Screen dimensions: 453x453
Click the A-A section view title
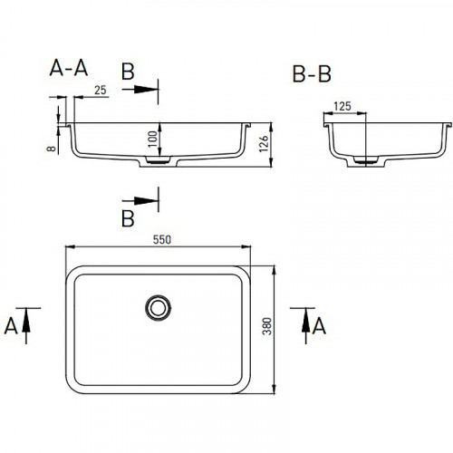click(x=69, y=68)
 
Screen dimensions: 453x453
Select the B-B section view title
click(x=312, y=73)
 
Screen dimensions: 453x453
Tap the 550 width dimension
click(x=162, y=239)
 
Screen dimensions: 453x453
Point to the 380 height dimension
click(x=267, y=326)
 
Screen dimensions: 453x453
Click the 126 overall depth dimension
click(x=264, y=144)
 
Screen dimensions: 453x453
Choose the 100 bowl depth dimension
click(x=153, y=139)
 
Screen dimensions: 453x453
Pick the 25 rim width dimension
click(x=101, y=90)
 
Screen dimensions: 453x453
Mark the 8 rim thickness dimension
click(x=52, y=149)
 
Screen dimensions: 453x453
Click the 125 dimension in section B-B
click(x=342, y=106)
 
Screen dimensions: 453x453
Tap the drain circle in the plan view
click(x=158, y=308)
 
